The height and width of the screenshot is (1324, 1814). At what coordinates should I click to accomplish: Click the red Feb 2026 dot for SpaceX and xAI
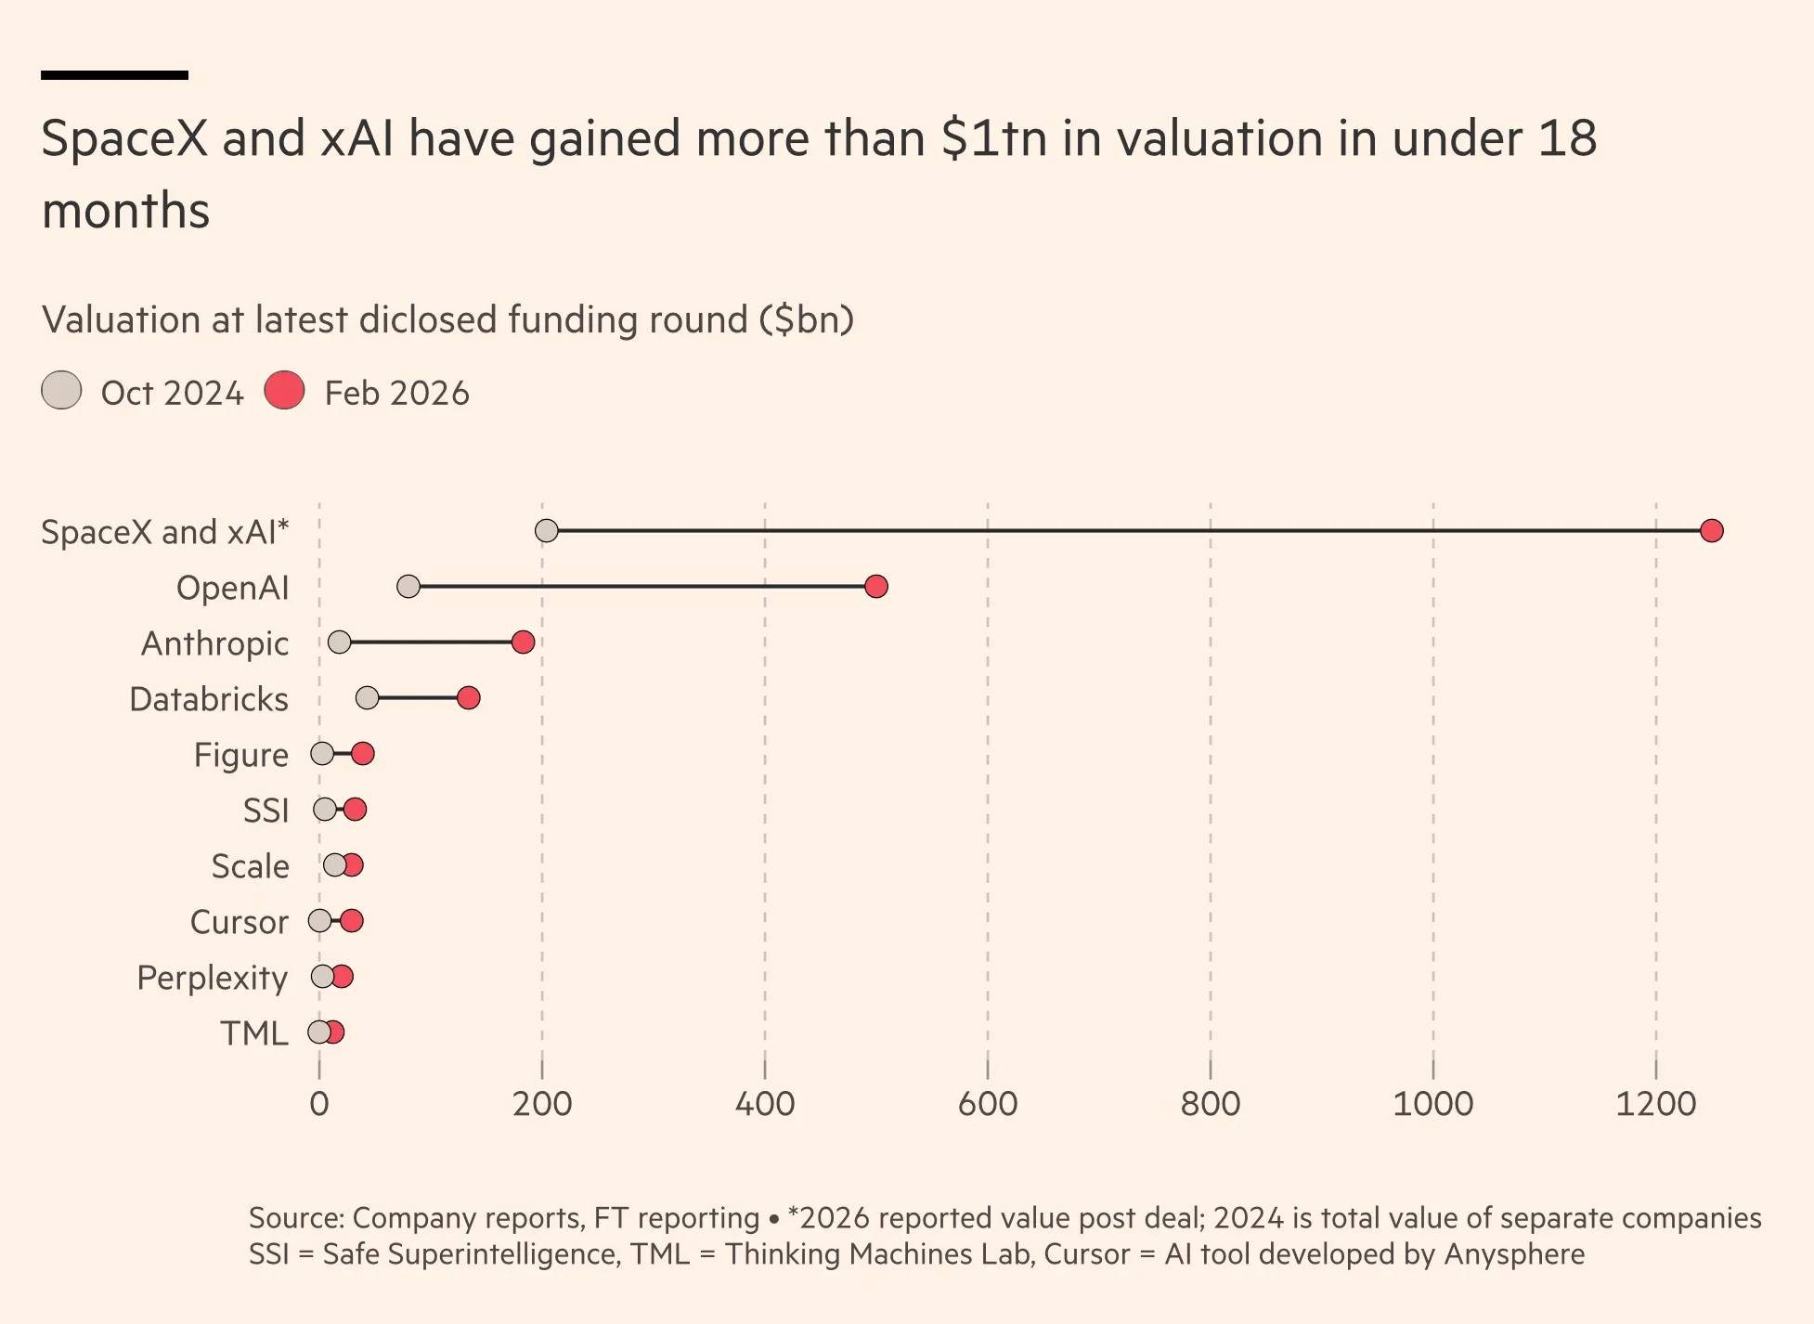1711,530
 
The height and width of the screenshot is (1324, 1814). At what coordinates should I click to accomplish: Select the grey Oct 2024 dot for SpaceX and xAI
547,530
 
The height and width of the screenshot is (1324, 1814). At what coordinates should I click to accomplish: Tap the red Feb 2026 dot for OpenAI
875,586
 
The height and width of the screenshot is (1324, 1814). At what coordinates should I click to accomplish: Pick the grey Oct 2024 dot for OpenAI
408,586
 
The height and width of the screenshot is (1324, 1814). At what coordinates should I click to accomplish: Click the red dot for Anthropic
523,642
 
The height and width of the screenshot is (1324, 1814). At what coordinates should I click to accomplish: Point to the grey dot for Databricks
367,697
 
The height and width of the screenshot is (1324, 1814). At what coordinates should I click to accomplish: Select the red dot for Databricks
468,697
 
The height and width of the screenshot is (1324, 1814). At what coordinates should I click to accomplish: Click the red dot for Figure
363,753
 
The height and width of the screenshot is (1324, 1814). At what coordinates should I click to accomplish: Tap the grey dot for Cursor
319,920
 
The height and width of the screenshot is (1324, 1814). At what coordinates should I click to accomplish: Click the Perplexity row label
212,978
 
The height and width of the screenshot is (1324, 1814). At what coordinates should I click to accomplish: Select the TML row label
253,1033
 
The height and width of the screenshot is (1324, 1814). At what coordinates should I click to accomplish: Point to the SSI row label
266,811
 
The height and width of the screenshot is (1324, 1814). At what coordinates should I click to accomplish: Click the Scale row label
250,866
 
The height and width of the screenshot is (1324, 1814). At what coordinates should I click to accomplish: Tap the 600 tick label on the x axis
987,1104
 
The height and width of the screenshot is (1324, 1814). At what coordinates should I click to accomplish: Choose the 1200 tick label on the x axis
1655,1104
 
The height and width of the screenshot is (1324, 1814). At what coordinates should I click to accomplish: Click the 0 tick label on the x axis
319,1104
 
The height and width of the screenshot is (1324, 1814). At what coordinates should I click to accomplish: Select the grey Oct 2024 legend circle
61,390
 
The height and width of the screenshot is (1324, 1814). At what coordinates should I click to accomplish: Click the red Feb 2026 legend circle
284,390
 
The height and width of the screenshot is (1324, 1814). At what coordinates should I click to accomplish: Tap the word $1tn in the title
993,138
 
